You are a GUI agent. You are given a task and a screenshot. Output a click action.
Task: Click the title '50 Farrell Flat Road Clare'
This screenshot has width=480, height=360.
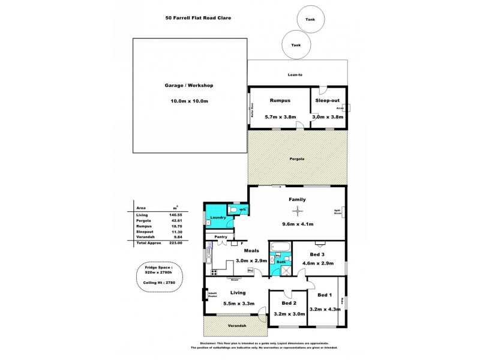pyautogui.click(x=198, y=18)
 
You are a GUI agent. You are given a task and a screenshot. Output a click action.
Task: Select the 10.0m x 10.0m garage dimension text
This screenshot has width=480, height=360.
pyautogui.click(x=189, y=101)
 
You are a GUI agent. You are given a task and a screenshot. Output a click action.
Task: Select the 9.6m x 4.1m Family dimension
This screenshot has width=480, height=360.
pyautogui.click(x=298, y=223)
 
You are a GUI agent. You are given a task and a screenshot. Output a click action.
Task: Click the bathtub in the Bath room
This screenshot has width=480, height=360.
pyautogui.click(x=280, y=247)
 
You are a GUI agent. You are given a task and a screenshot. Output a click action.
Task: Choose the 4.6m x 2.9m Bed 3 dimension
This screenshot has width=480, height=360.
pyautogui.click(x=327, y=263)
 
